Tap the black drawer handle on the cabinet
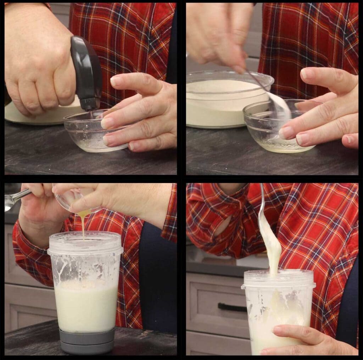(x=232, y=307)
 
